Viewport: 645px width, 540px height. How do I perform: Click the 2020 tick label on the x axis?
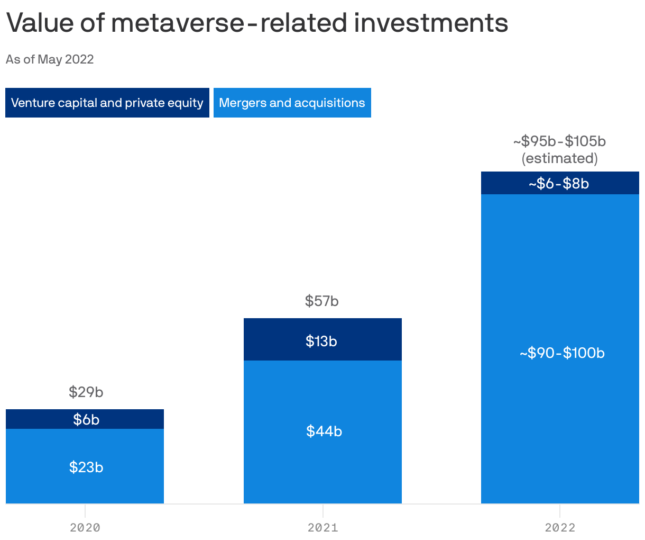[x=85, y=527]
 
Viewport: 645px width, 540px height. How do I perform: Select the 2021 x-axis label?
[x=322, y=527]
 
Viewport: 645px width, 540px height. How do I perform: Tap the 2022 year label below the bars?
[x=560, y=527]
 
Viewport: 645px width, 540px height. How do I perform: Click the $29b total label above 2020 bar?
[x=86, y=392]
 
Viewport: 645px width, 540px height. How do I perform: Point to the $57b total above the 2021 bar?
[x=321, y=301]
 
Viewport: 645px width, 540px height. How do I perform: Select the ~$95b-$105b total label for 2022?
[x=559, y=141]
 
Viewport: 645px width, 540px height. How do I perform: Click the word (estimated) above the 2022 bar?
[x=559, y=158]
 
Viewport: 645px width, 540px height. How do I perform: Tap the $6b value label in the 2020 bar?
[x=86, y=420]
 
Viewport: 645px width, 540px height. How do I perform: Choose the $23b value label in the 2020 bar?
[x=86, y=467]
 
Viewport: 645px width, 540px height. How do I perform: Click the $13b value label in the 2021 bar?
[x=321, y=341]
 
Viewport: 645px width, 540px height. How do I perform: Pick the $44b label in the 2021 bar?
[x=324, y=431]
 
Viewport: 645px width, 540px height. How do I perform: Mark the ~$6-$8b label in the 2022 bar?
[x=559, y=184]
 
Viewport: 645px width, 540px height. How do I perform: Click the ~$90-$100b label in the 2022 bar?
[x=561, y=353]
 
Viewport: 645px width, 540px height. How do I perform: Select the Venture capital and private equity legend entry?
[x=107, y=103]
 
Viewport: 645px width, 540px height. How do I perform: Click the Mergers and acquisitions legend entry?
[x=292, y=103]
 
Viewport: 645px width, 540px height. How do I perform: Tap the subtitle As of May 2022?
[x=50, y=59]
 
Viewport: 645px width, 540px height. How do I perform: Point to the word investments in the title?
[x=431, y=23]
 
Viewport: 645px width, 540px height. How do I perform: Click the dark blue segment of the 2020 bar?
[x=32, y=419]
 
